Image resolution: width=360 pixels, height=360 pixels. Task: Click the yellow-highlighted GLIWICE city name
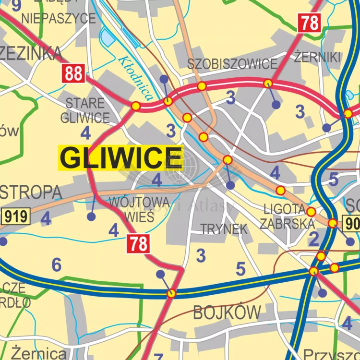pyautogui.click(x=120, y=158)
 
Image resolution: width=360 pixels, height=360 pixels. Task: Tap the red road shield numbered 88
pyautogui.click(x=73, y=74)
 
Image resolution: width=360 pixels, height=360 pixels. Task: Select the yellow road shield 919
pyautogui.click(x=16, y=216)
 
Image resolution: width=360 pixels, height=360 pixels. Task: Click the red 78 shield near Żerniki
pyautogui.click(x=310, y=23)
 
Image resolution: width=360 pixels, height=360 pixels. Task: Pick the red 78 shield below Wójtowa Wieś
pyautogui.click(x=138, y=244)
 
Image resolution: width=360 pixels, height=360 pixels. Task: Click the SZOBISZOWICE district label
pyautogui.click(x=232, y=63)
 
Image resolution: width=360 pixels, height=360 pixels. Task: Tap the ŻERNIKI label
pyautogui.click(x=317, y=57)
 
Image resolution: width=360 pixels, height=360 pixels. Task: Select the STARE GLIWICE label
pyautogui.click(x=85, y=110)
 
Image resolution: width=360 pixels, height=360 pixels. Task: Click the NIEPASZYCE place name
pyautogui.click(x=59, y=19)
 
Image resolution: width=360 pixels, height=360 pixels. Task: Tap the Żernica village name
pyautogui.click(x=39, y=353)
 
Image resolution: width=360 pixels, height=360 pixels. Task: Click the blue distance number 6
pyautogui.click(x=57, y=264)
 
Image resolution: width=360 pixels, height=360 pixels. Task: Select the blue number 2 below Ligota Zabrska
pyautogui.click(x=313, y=239)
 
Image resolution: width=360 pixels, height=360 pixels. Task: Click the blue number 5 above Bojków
pyautogui.click(x=240, y=269)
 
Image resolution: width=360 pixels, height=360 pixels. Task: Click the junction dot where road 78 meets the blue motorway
pyautogui.click(x=171, y=293)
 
